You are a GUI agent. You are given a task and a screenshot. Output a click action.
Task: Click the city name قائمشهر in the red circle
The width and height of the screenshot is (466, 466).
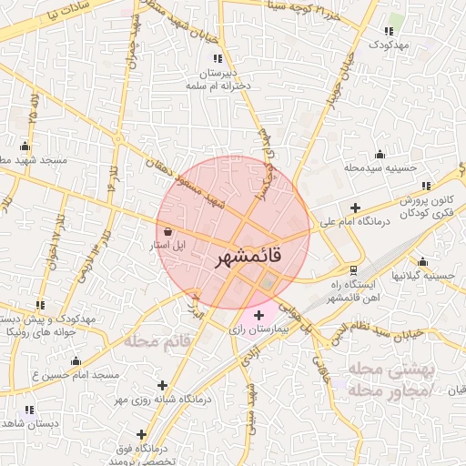click(x=248, y=258)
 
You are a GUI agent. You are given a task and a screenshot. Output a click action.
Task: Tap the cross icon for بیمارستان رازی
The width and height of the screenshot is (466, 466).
click(x=258, y=315)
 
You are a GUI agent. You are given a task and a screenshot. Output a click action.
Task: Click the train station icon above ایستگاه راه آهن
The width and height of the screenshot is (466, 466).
click(x=352, y=269)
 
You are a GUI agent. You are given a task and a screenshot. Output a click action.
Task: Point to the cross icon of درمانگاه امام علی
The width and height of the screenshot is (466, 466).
click(x=354, y=208)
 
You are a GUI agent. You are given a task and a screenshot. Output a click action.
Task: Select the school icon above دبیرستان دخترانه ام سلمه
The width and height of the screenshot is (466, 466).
click(x=217, y=58)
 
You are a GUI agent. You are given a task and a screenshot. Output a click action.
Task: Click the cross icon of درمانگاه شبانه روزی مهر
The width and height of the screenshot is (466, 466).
click(x=163, y=385)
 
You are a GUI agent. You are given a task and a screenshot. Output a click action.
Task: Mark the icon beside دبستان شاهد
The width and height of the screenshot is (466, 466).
click(x=28, y=410)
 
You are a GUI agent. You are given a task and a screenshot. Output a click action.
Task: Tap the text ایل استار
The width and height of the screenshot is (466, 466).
click(x=167, y=246)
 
